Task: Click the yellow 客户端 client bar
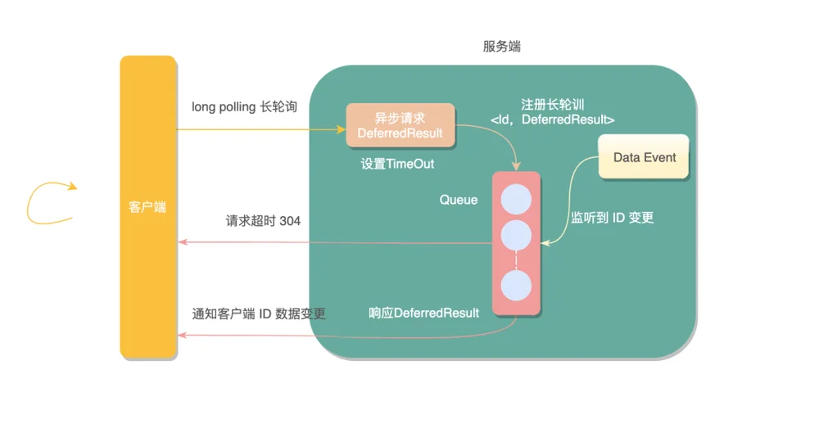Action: [148, 207]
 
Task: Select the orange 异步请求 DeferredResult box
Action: [400, 125]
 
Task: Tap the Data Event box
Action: [644, 157]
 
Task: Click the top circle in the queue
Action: [516, 200]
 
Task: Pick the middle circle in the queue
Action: [516, 235]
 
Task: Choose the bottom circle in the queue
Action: [516, 286]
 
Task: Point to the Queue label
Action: [458, 200]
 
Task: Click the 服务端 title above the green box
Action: [501, 47]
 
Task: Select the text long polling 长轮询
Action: [244, 107]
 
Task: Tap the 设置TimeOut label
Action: [397, 164]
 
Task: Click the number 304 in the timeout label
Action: [290, 221]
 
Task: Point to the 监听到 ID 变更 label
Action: [612, 218]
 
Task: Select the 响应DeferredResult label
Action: [423, 313]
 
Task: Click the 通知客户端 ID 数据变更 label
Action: [259, 313]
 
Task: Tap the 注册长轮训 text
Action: [553, 105]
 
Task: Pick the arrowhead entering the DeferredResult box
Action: [341, 129]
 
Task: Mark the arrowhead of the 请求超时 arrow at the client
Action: [183, 241]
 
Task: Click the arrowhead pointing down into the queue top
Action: [516, 166]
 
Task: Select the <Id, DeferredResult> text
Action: [552, 120]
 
